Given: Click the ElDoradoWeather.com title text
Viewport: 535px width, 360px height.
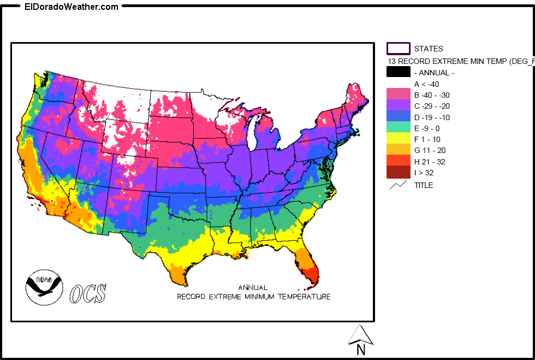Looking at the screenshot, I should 72,7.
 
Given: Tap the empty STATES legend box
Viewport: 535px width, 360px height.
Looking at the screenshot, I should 398,49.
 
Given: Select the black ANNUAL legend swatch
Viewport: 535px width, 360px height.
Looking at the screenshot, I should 398,72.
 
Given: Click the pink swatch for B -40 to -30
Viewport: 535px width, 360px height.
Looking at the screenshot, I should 398,95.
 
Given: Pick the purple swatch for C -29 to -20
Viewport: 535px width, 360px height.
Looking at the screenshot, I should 398,106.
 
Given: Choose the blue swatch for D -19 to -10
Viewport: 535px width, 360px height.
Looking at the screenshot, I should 398,117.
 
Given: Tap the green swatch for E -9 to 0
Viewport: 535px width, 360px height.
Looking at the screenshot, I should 398,128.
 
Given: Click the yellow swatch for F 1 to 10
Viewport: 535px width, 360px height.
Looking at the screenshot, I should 398,139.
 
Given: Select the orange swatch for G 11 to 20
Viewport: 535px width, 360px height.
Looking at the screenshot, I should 398,150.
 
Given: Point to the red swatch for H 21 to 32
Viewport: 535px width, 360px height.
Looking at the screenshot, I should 398,161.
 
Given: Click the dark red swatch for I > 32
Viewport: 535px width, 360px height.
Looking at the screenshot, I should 398,173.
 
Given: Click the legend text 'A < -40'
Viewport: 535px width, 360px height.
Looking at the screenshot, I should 426,84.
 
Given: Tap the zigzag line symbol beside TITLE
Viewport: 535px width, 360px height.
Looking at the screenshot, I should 398,185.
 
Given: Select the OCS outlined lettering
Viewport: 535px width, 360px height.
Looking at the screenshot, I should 88,293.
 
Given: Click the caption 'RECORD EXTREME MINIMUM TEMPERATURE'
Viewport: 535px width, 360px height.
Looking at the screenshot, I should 253,297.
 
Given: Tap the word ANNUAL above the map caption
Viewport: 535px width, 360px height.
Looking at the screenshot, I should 253,287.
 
